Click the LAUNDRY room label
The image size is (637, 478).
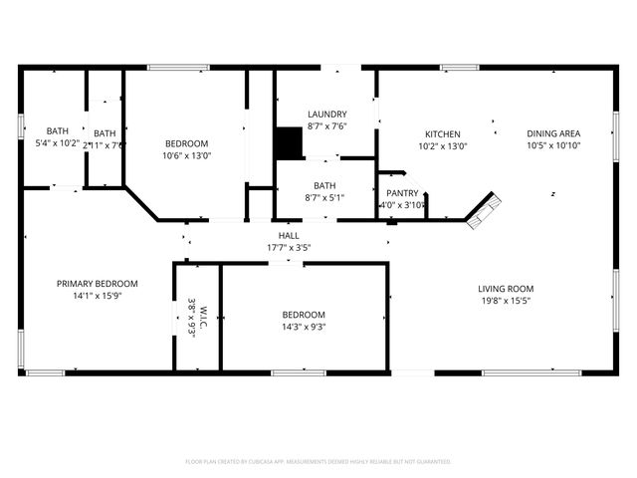coord(326,115)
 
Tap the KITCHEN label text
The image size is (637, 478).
coord(443,134)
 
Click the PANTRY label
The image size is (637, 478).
coord(402,193)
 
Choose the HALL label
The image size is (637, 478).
coord(289,236)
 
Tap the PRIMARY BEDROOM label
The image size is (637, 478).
coord(97,284)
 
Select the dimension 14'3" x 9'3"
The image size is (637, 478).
coord(304,327)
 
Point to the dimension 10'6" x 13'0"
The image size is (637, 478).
coord(187,155)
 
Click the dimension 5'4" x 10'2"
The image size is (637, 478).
coord(57,143)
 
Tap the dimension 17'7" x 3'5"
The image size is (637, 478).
coord(289,247)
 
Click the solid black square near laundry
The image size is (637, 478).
coord(289,143)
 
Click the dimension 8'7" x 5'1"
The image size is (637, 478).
coord(324,198)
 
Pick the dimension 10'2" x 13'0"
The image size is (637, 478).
coord(443,146)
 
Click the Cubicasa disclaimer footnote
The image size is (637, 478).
coord(318,462)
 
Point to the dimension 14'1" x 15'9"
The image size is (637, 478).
coord(97,296)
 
